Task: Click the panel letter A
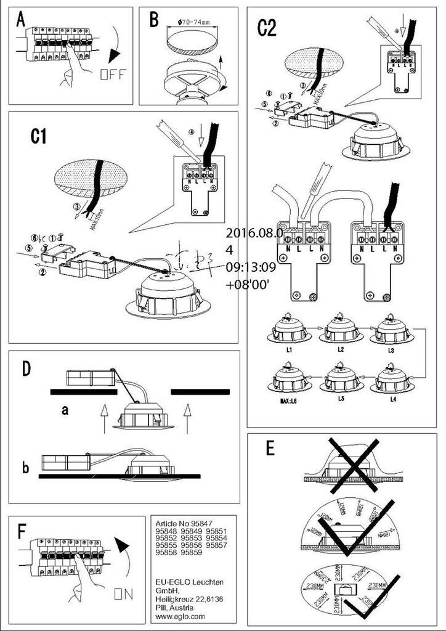21,20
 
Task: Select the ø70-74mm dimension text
193,22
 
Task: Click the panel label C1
39,136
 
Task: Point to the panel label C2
267,28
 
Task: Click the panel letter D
26,368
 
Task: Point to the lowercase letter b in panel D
25,468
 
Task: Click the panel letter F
23,531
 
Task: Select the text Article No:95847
184,521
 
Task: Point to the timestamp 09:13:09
251,268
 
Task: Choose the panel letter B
154,20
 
